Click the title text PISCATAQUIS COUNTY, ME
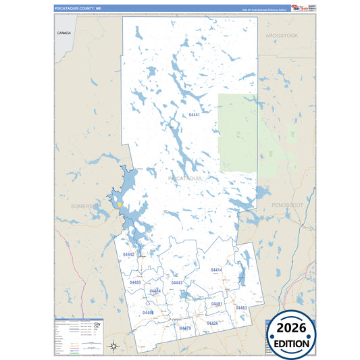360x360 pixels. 78,8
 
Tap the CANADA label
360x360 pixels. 64,32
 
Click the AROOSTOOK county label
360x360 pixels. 282,34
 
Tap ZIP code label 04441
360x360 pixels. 195,115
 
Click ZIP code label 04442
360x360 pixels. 128,255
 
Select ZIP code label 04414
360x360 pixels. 216,270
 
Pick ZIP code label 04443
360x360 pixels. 177,282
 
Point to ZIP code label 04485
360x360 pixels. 135,282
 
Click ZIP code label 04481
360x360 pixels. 217,305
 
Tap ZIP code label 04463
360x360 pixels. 241,308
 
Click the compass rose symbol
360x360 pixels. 114,346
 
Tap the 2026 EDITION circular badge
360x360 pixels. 292,333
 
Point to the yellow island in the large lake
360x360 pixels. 119,202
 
